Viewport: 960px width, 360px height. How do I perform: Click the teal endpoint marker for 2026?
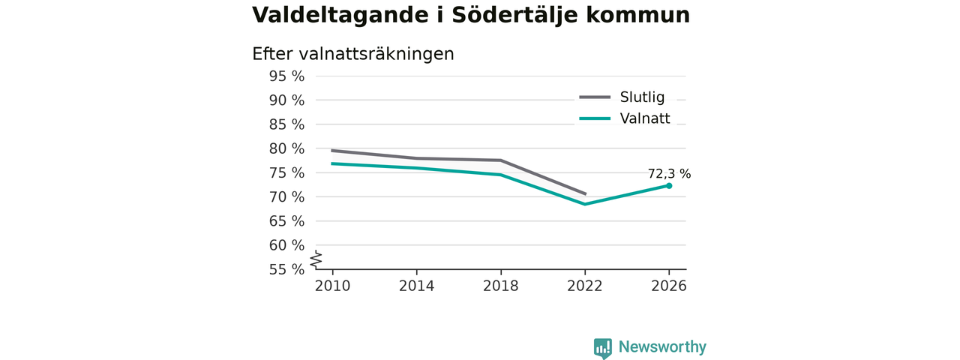click(x=669, y=185)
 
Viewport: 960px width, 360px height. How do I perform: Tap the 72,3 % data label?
click(x=669, y=173)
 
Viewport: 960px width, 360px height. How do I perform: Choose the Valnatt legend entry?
click(x=625, y=118)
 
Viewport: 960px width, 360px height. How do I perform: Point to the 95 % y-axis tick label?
click(x=286, y=76)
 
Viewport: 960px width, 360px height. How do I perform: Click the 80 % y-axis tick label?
click(x=286, y=148)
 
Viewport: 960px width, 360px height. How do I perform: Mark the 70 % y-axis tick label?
click(x=286, y=197)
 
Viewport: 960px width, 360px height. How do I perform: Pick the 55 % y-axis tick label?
click(x=286, y=269)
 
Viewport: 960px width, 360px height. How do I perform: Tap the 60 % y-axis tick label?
click(x=286, y=245)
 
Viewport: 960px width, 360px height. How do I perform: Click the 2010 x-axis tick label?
click(x=332, y=286)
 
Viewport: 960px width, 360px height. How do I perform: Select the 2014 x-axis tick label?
click(x=416, y=286)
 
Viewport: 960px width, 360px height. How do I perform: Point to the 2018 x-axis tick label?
click(x=500, y=286)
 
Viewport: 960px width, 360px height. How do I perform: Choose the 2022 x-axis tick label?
click(x=585, y=286)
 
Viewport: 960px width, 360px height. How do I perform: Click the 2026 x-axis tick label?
click(x=669, y=286)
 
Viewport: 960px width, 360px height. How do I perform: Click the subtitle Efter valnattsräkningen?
click(x=353, y=54)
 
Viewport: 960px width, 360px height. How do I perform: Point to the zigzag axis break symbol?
click(x=316, y=259)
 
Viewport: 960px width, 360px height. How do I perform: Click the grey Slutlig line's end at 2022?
click(x=585, y=194)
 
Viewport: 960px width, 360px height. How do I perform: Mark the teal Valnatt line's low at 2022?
click(x=585, y=204)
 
